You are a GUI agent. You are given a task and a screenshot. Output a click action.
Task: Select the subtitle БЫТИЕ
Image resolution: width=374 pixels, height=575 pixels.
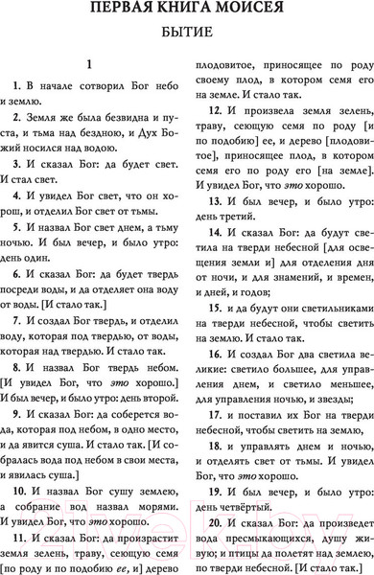[187, 40]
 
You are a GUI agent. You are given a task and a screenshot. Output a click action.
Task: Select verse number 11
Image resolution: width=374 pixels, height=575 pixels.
[19, 538]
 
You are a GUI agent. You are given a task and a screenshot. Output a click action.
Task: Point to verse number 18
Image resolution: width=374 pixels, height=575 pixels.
[211, 447]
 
